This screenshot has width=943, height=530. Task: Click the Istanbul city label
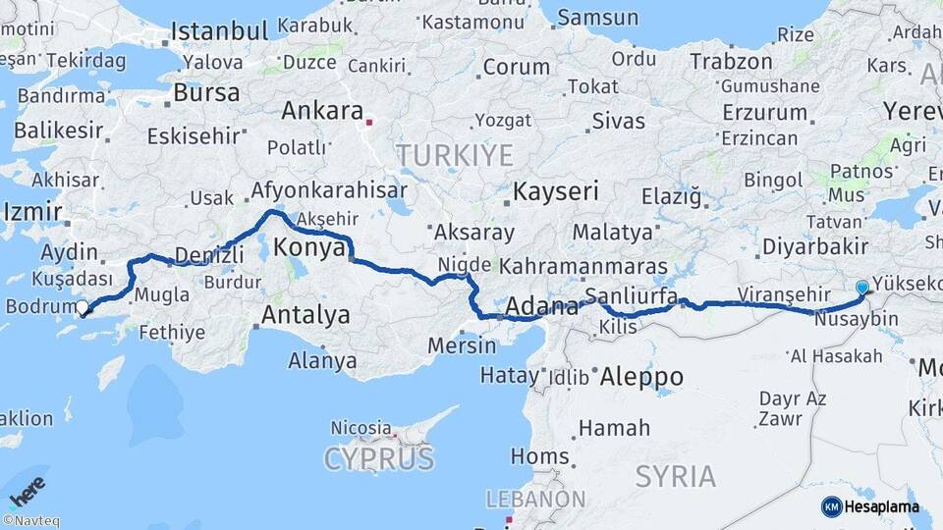click(219, 31)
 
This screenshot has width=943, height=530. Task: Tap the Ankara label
click(322, 111)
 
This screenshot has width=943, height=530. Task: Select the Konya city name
click(309, 248)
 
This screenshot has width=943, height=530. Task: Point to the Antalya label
click(305, 316)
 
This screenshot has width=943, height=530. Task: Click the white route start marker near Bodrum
click(83, 308)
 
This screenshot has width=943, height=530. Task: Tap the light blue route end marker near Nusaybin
click(862, 287)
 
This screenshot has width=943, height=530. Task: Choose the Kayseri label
click(556, 191)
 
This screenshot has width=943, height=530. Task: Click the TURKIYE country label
click(455, 155)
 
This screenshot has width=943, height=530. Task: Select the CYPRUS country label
click(378, 459)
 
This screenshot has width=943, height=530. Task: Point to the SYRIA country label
click(676, 477)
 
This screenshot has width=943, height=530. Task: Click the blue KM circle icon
click(831, 506)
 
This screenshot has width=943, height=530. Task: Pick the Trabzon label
click(732, 62)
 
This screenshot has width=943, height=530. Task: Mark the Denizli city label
click(209, 255)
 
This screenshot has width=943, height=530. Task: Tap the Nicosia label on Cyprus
click(361, 428)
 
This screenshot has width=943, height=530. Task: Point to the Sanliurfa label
click(631, 295)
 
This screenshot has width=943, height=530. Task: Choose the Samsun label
click(597, 17)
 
